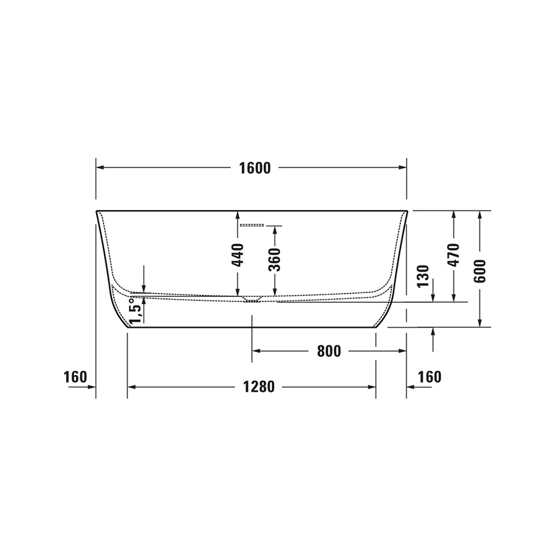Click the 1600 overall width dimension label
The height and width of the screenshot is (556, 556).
[x=254, y=168]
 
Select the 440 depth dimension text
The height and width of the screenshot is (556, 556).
[x=238, y=254]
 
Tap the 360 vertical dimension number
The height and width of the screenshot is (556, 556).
[x=275, y=259]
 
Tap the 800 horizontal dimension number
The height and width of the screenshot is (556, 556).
[x=328, y=351]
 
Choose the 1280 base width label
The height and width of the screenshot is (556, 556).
[x=252, y=387]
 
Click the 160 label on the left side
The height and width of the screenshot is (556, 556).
[x=75, y=377]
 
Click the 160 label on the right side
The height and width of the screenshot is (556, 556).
[x=429, y=377]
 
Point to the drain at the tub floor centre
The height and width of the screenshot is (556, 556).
[x=251, y=299]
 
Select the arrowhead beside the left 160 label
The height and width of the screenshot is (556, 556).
[x=92, y=387]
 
